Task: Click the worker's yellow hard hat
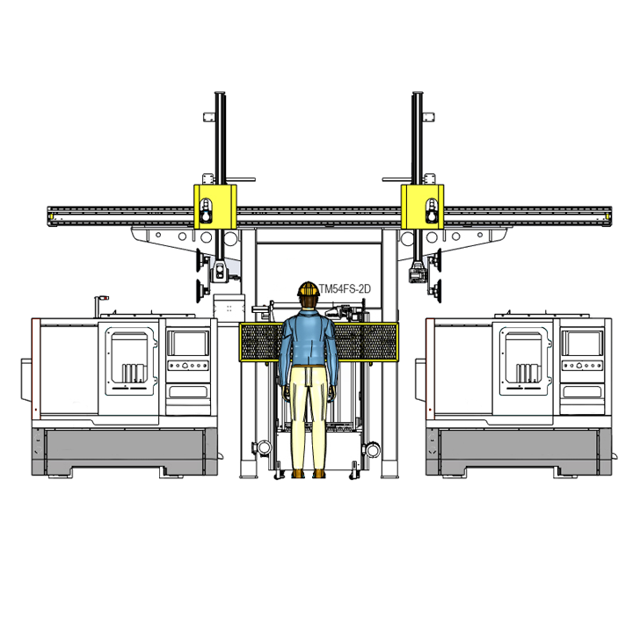click(309, 289)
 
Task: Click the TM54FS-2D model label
click(345, 289)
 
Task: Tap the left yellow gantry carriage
click(215, 207)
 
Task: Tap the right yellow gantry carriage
click(422, 207)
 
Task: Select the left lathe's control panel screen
click(188, 343)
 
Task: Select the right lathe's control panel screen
click(582, 343)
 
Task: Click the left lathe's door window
click(129, 357)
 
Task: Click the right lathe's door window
click(523, 357)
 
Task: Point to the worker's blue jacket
click(309, 339)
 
